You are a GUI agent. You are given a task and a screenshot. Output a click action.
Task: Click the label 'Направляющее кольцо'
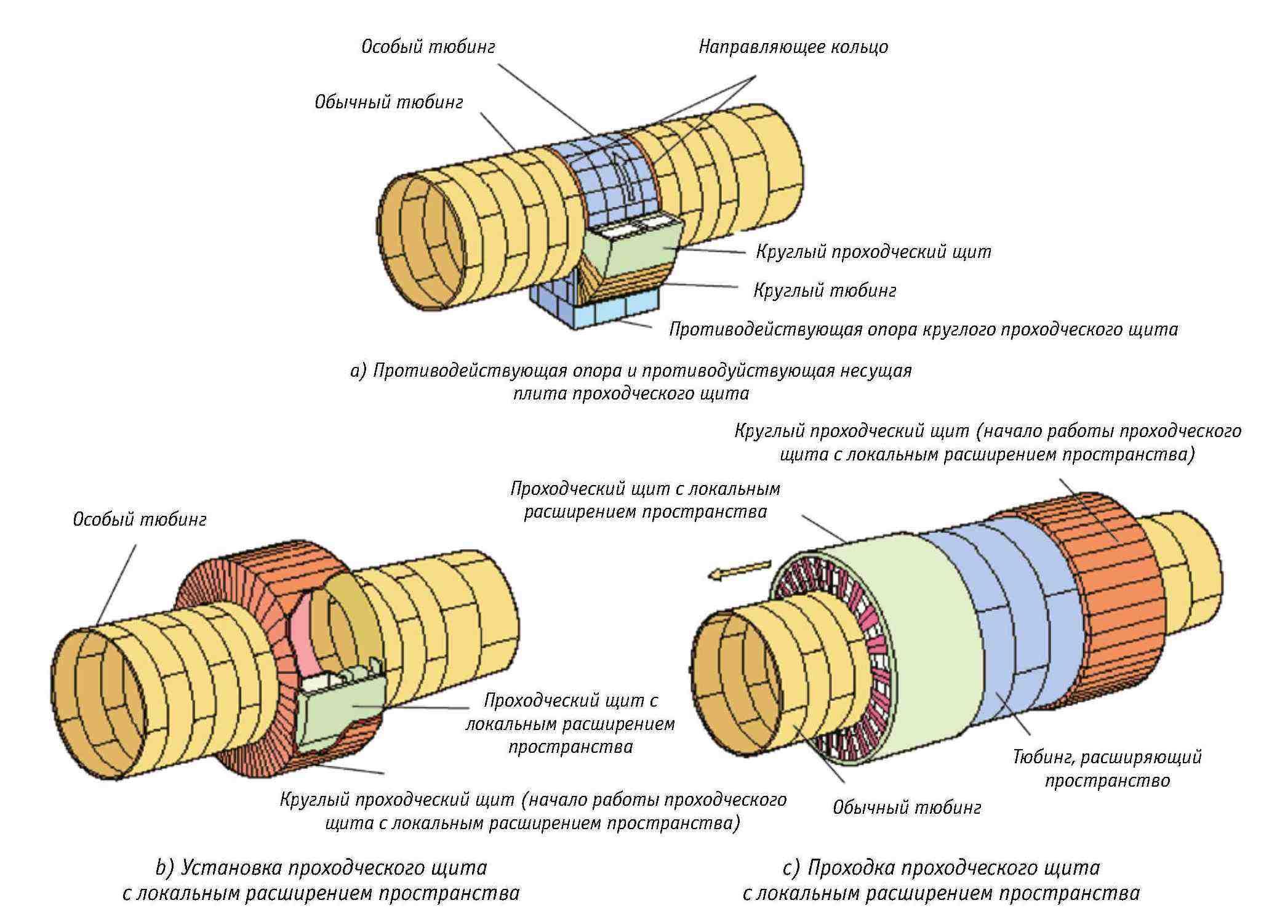tap(793, 47)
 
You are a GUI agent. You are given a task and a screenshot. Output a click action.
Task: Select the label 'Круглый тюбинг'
tap(825, 291)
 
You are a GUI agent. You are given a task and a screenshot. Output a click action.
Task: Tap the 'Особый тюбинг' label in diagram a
tap(428, 47)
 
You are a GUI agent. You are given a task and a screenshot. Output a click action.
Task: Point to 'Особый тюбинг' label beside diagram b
tap(140, 520)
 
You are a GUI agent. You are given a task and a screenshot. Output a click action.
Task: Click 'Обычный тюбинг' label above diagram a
tap(388, 102)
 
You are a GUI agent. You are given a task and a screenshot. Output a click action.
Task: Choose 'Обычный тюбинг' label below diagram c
tap(907, 808)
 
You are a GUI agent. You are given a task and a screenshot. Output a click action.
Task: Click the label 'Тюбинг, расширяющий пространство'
tap(1107, 769)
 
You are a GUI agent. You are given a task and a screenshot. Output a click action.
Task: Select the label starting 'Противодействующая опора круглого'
tap(923, 330)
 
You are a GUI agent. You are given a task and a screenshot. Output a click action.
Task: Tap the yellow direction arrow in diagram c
tap(739, 569)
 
